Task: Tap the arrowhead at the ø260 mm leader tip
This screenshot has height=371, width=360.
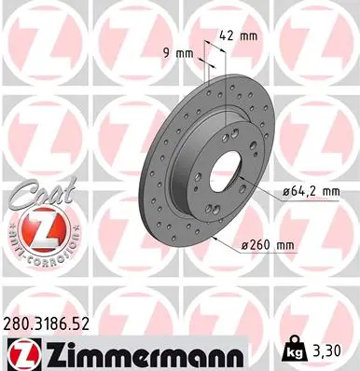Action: (x=215, y=236)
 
